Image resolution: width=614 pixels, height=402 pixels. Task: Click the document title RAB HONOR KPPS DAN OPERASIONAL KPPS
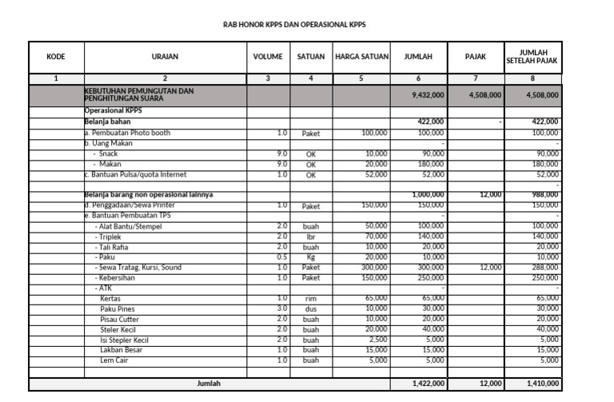pyautogui.click(x=294, y=25)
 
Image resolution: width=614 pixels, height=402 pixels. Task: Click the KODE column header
pyautogui.click(x=56, y=57)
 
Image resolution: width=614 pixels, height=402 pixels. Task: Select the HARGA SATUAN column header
pyautogui.click(x=361, y=57)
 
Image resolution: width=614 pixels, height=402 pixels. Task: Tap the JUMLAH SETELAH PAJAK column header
pyautogui.click(x=532, y=57)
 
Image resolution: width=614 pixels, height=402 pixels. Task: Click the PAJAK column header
pyautogui.click(x=475, y=57)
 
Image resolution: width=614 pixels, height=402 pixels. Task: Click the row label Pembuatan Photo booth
pyautogui.click(x=127, y=133)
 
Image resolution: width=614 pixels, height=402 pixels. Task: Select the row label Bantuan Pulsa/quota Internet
pyautogui.click(x=137, y=174)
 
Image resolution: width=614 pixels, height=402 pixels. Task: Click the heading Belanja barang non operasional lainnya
pyautogui.click(x=149, y=194)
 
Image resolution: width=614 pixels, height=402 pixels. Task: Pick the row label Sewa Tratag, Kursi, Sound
pyautogui.click(x=138, y=268)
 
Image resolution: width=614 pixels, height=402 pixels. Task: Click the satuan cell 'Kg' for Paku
pyautogui.click(x=311, y=257)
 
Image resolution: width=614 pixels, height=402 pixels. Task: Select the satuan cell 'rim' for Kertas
pyautogui.click(x=311, y=298)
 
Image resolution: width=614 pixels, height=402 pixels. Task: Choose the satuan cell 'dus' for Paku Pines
pyautogui.click(x=311, y=308)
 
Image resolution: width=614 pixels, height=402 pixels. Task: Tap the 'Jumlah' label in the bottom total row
pyautogui.click(x=209, y=384)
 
